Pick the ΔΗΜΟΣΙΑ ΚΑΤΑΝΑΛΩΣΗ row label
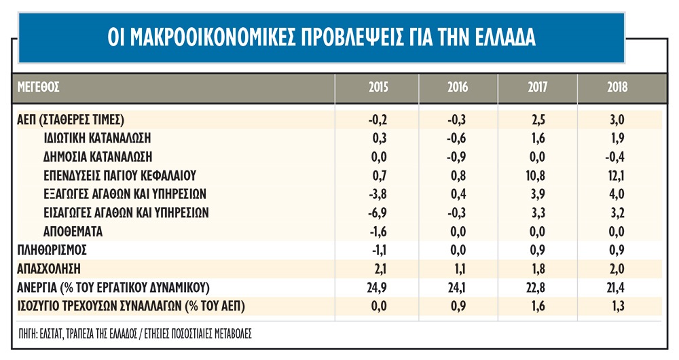pyautogui.click(x=106, y=156)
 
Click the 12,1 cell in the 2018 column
pyautogui.click(x=619, y=175)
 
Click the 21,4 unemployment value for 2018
pyautogui.click(x=619, y=287)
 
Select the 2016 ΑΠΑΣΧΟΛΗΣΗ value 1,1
pyautogui.click(x=458, y=268)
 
